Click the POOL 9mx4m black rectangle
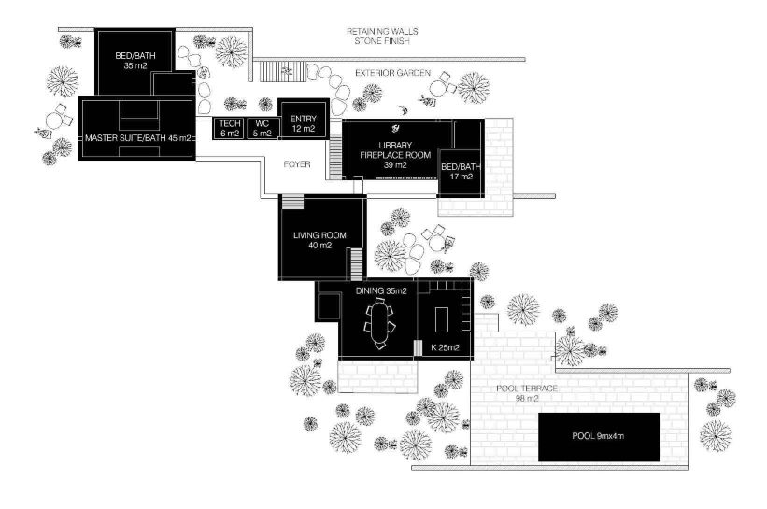pos(598,436)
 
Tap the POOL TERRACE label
pos(528,388)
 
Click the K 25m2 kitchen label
pos(446,348)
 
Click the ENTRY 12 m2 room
pos(304,123)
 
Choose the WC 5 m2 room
pos(263,128)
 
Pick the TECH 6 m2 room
pos(229,128)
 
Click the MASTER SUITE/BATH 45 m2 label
pos(137,138)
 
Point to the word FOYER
pos(298,163)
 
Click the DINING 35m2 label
pos(381,291)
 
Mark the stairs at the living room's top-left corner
pos(292,203)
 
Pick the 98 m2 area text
pos(528,399)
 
